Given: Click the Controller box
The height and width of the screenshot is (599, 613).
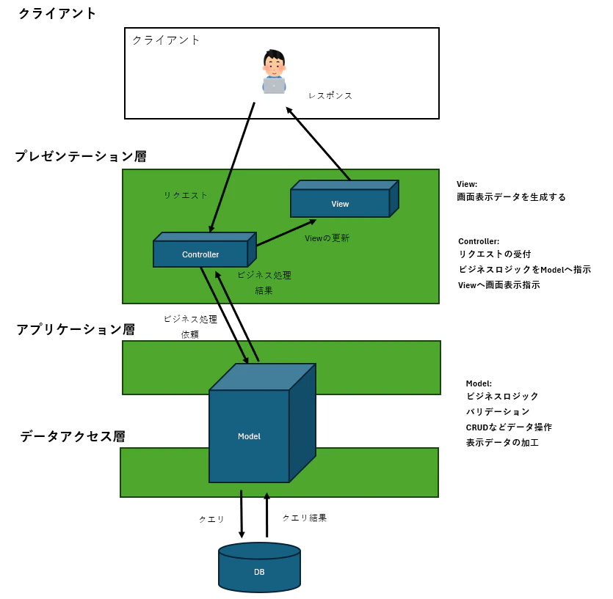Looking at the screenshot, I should [200, 254].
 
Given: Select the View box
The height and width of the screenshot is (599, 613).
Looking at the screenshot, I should [340, 203].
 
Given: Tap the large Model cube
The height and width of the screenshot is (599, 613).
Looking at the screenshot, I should [250, 436].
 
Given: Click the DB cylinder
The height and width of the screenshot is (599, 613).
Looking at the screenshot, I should [259, 570].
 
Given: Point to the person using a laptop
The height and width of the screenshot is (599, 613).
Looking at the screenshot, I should [274, 72].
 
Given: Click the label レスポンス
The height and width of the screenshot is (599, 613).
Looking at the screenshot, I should [330, 95].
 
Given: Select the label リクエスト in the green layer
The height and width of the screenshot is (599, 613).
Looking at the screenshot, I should [186, 195].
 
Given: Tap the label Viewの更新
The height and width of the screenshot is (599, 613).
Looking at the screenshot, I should [327, 238].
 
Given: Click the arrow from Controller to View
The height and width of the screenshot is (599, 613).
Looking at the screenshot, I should [286, 232].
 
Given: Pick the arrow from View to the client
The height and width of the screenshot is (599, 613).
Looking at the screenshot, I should [318, 144].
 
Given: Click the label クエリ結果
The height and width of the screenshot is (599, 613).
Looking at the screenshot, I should [305, 518].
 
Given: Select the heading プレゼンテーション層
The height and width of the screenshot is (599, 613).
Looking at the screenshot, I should [81, 156].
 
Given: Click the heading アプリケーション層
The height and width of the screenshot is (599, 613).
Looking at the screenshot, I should [76, 329].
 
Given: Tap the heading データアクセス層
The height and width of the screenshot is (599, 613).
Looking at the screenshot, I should [73, 436].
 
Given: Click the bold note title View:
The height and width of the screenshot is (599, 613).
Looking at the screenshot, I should [467, 184].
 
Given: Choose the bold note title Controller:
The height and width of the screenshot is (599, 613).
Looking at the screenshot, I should [479, 241].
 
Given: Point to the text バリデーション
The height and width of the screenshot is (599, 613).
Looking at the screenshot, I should [498, 411].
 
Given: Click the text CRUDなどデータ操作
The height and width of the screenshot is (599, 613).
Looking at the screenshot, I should [509, 427].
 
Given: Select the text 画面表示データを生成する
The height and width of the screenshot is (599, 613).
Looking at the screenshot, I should [511, 197].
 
